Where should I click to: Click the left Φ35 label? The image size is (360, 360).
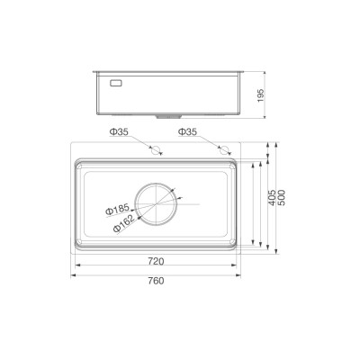pyautogui.click(x=122, y=132)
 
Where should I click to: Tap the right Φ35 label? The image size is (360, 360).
pyautogui.click(x=188, y=132)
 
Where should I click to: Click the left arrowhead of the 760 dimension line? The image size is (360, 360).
pyautogui.click(x=74, y=271)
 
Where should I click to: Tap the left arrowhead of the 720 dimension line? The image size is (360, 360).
pyautogui.click(x=76, y=266)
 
